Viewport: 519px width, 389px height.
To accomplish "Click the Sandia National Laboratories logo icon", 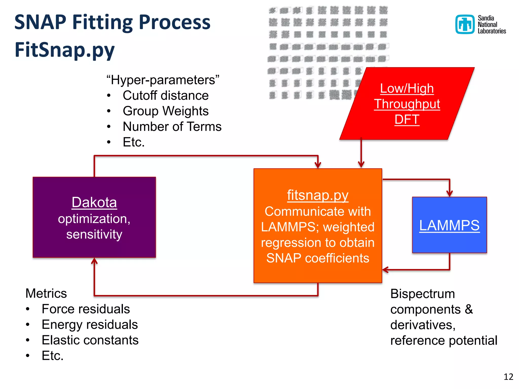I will [465, 24].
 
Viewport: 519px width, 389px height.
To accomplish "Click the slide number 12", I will [508, 377].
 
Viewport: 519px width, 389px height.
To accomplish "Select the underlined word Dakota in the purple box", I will [94, 202].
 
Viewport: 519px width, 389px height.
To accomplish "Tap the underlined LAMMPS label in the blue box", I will [449, 225].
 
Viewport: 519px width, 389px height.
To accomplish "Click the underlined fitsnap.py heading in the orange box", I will [318, 195].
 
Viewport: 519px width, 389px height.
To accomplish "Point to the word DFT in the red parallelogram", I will [407, 119].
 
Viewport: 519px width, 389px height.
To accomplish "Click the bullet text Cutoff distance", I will [165, 95].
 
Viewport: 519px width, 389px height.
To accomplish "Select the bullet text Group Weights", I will [165, 111].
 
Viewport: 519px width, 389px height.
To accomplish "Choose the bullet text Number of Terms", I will [172, 126].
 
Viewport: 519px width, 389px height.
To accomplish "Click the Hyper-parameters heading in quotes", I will [163, 80].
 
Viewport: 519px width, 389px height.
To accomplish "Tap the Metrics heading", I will [46, 293].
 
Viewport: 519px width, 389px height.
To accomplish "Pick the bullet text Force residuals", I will [86, 309].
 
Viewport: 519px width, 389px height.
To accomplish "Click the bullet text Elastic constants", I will [90, 340].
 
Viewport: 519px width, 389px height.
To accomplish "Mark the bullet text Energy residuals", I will [90, 324].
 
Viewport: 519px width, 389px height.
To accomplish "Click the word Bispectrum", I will [422, 294].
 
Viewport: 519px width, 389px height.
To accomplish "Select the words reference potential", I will [444, 340].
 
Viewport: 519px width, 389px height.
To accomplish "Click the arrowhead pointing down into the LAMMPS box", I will [450, 194].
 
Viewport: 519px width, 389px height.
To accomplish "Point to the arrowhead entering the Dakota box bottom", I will [94, 261].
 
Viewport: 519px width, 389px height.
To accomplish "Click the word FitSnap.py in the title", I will [65, 49].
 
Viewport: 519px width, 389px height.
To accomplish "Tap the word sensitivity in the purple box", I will [94, 234].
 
